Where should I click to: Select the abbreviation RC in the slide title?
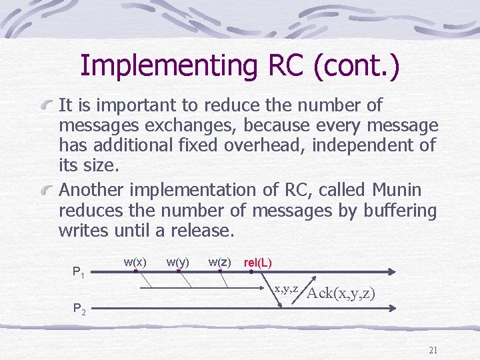coord(284,66)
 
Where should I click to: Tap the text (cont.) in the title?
coord(357,66)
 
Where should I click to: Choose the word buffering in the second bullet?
coord(401,211)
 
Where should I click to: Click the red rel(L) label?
coord(258,263)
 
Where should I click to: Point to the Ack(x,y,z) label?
coord(341,293)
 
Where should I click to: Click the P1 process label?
coord(78,272)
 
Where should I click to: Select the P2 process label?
coord(78,309)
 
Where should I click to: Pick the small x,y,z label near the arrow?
coord(285,288)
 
